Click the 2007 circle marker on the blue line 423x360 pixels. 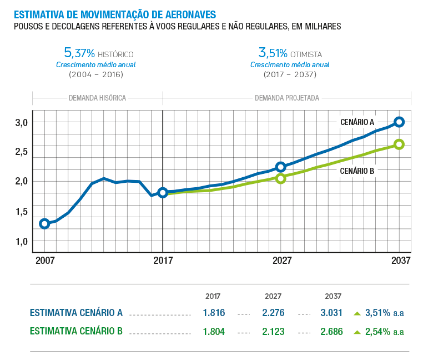45,224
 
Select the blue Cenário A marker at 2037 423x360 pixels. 399,122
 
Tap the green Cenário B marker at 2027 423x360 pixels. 281,178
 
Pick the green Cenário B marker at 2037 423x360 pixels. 399,144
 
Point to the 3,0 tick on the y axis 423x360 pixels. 21,122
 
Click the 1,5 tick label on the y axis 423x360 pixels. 21,212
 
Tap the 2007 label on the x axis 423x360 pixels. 46,261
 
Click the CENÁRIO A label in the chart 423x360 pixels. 357,122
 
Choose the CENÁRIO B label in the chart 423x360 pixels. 356,171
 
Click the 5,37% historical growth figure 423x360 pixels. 80,53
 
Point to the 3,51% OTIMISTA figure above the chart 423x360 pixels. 273,53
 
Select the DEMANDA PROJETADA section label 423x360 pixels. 286,98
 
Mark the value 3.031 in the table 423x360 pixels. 331,313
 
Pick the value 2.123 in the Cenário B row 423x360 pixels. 273,332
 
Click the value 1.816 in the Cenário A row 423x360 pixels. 214,313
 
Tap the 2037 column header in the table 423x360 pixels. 333,297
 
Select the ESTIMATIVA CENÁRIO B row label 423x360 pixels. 76,332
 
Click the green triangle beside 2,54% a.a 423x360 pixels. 357,332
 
